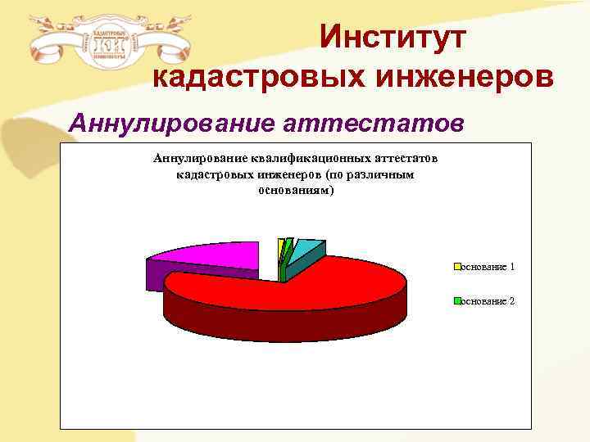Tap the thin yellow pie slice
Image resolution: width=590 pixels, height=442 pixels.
point(281,245)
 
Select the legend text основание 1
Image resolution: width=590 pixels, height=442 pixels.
point(489,268)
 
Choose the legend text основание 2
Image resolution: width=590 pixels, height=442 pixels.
point(489,301)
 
